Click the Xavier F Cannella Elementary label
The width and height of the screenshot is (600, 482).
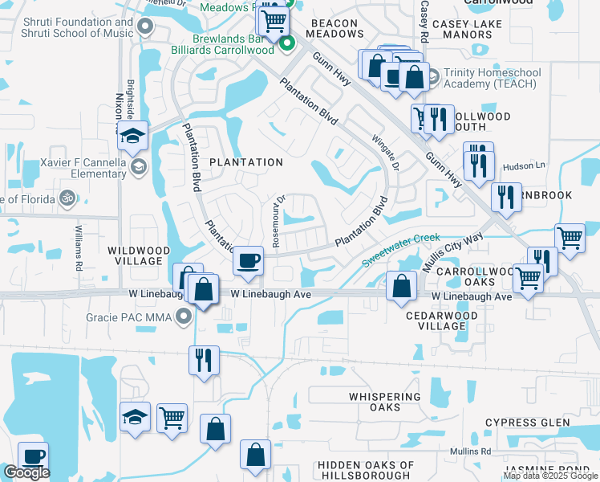pyautogui.click(x=76, y=167)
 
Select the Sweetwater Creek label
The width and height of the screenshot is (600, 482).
pyautogui.click(x=400, y=250)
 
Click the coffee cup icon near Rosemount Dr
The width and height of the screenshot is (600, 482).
pyautogui.click(x=248, y=261)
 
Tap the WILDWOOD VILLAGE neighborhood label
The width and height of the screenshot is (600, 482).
pyautogui.click(x=136, y=256)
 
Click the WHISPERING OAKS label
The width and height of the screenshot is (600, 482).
pyautogui.click(x=386, y=402)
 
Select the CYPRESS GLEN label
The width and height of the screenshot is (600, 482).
pyautogui.click(x=528, y=423)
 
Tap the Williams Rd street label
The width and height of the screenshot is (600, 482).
pyautogui.click(x=79, y=247)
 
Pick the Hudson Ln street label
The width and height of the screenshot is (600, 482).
pyautogui.click(x=529, y=165)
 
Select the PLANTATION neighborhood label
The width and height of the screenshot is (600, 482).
pyautogui.click(x=246, y=162)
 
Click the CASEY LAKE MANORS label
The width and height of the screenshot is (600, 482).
pyautogui.click(x=467, y=30)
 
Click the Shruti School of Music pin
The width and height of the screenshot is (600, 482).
pyautogui.click(x=144, y=27)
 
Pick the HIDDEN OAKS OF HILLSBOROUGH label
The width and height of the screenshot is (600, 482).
pyautogui.click(x=366, y=471)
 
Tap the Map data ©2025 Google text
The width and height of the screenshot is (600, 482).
pyautogui.click(x=550, y=476)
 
